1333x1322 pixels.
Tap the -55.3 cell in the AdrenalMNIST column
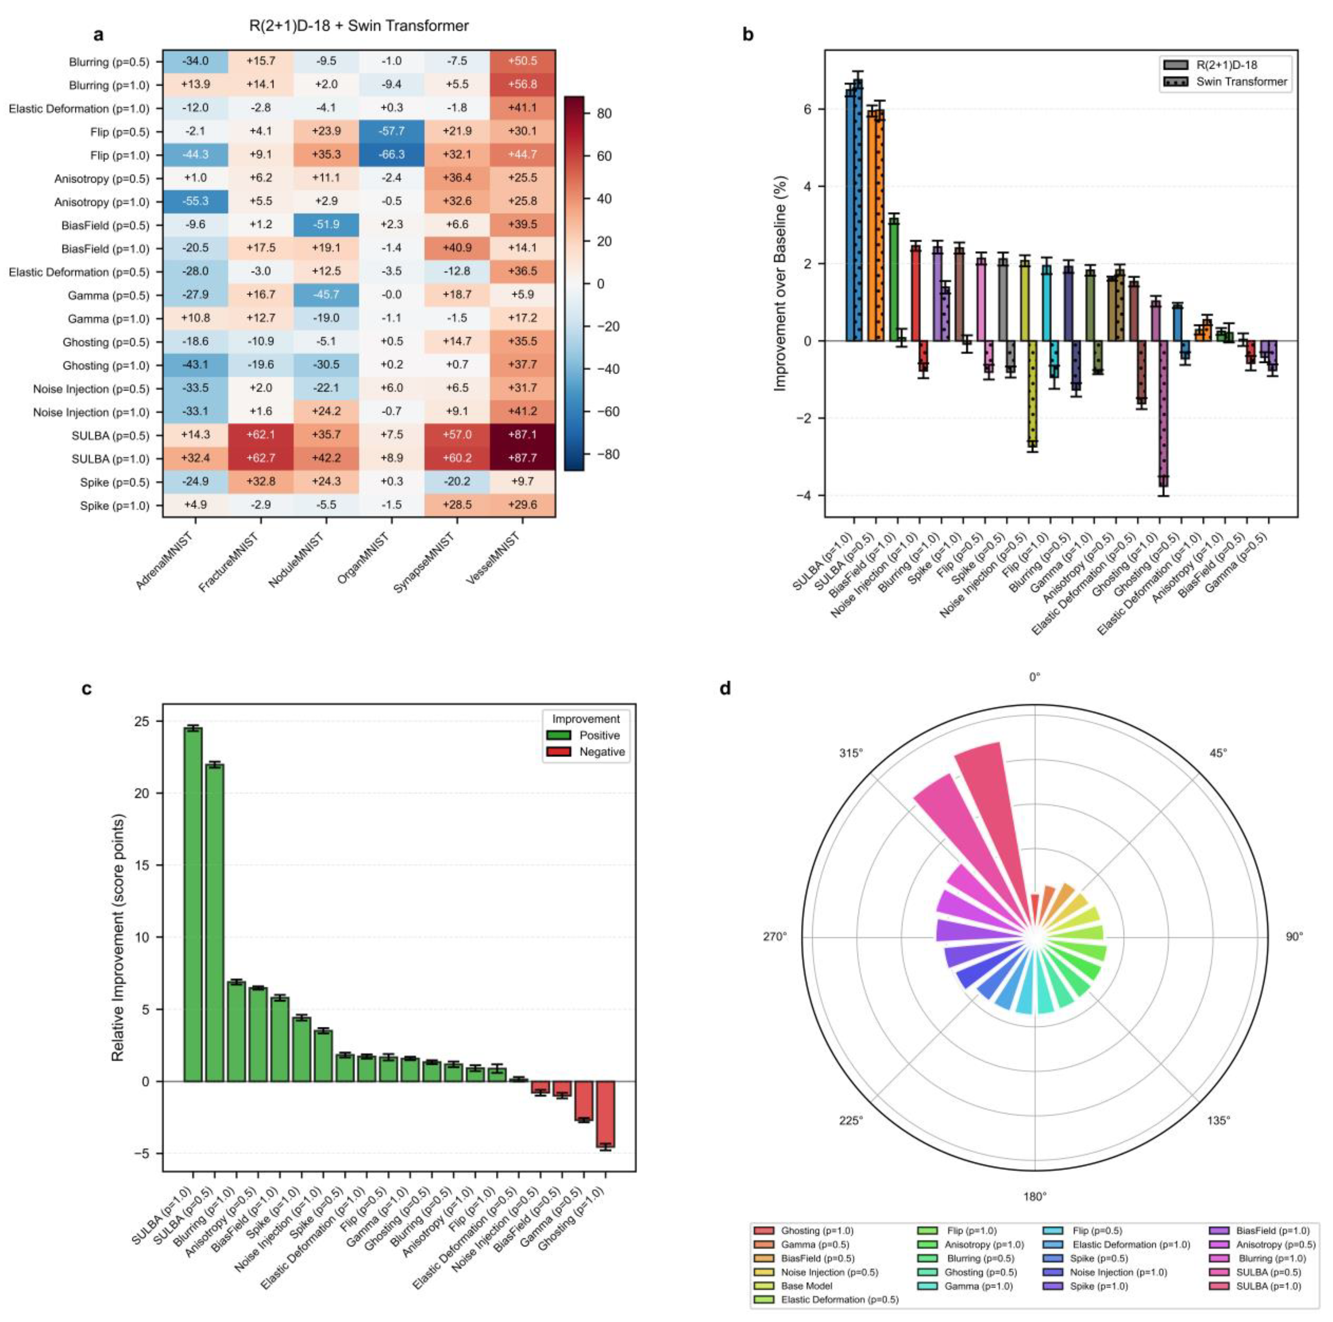[x=195, y=201]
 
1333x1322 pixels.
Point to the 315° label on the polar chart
[x=851, y=753]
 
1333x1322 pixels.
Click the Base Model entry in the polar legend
[x=806, y=1286]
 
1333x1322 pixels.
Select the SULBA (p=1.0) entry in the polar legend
[x=1268, y=1286]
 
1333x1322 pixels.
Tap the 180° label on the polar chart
[x=1034, y=1197]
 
